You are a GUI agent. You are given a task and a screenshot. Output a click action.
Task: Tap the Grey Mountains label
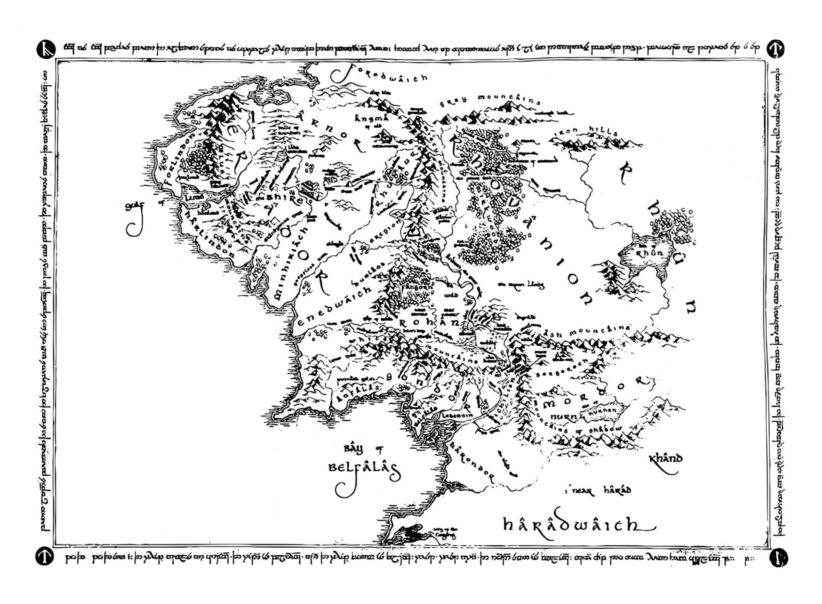click(x=489, y=100)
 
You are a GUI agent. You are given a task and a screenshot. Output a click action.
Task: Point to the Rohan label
click(x=429, y=322)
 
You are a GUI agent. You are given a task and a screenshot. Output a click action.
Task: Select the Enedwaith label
click(x=334, y=307)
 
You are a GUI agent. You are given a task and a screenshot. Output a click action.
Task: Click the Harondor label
click(x=472, y=460)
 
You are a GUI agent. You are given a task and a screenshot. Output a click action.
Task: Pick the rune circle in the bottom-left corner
click(x=44, y=557)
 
